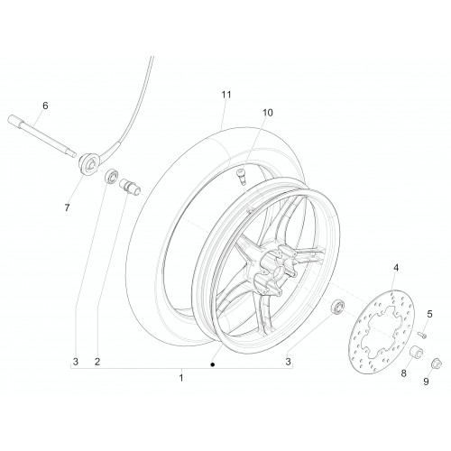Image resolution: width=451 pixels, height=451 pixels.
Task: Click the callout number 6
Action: click(x=45, y=106)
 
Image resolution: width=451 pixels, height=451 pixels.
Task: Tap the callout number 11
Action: click(x=226, y=95)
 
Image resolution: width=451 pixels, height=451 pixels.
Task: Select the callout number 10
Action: click(x=268, y=113)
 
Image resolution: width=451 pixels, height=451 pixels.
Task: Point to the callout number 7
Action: click(x=67, y=207)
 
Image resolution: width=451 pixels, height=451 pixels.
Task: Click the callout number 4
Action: click(x=396, y=268)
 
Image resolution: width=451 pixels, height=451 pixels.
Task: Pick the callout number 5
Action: click(x=429, y=314)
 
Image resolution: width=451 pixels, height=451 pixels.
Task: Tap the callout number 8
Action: click(x=403, y=373)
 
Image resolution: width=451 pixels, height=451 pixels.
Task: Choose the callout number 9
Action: click(x=426, y=382)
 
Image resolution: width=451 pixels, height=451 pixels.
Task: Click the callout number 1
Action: click(x=181, y=378)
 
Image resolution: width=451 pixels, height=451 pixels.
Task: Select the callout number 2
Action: click(x=97, y=362)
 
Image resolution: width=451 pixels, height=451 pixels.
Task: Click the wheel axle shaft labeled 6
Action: click(x=41, y=135)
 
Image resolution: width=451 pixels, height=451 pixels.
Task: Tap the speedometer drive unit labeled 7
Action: click(x=89, y=164)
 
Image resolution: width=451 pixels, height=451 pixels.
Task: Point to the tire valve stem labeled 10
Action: click(x=241, y=176)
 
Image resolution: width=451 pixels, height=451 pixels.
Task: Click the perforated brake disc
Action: click(x=382, y=332)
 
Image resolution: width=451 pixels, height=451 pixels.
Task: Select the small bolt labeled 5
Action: click(x=421, y=334)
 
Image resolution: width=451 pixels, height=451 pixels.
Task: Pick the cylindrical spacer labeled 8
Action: click(x=417, y=352)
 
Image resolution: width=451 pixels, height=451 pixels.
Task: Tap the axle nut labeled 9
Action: click(x=437, y=364)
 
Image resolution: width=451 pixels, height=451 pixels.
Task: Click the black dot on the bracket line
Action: click(x=213, y=364)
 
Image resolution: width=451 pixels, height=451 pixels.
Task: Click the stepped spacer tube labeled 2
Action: click(x=130, y=187)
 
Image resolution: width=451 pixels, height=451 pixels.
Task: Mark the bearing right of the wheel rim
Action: click(x=337, y=306)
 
